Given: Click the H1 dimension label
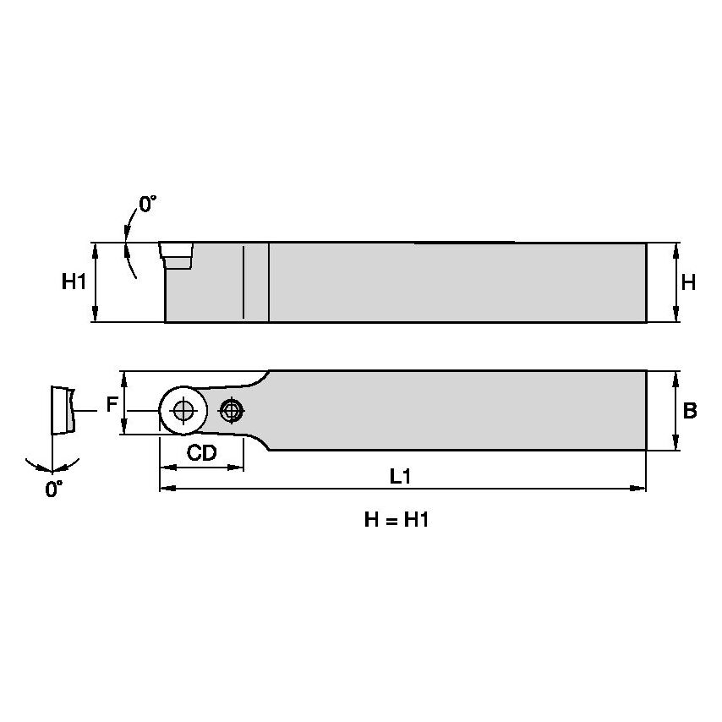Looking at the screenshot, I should click(74, 282).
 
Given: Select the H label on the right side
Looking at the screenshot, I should click(688, 282).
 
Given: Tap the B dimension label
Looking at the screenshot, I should click(689, 411).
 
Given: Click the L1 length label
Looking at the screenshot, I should click(400, 476).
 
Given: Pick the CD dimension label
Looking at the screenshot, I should click(201, 453).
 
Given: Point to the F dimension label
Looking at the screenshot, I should click(112, 406).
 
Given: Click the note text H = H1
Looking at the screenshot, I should click(397, 520).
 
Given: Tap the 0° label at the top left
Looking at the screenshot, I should click(149, 204).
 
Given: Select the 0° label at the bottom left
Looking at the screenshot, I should click(54, 489).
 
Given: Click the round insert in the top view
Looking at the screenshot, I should click(182, 411).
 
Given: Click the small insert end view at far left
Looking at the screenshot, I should click(62, 410).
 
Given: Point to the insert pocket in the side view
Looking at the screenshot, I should click(177, 255).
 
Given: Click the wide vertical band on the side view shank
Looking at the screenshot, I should click(255, 282).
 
